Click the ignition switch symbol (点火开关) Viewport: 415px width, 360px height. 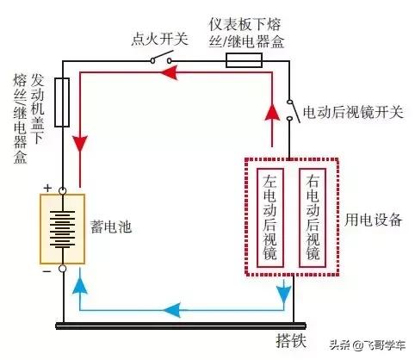pyautogui.click(x=161, y=58)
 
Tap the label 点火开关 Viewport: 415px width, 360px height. pyautogui.click(x=160, y=39)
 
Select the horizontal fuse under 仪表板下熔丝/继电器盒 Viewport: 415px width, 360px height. pyautogui.click(x=244, y=60)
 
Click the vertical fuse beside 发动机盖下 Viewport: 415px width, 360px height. pyautogui.click(x=62, y=102)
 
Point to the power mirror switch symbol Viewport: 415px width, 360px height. pyautogui.click(x=293, y=110)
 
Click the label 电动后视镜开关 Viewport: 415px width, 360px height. pyautogui.click(x=353, y=111)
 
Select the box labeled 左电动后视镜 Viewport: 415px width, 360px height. pyautogui.click(x=270, y=218)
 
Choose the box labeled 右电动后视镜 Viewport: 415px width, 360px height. pyautogui.click(x=313, y=218)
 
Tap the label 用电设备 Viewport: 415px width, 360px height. pyautogui.click(x=374, y=220)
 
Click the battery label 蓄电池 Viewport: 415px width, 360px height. pyautogui.click(x=111, y=227)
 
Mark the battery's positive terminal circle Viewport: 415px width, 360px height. pyautogui.click(x=62, y=190)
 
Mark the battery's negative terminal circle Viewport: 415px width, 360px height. pyautogui.click(x=62, y=269)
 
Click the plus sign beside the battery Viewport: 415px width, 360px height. pyautogui.click(x=47, y=189)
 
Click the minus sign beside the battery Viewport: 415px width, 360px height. pyautogui.click(x=46, y=271)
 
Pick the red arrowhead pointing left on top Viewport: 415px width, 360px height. pyautogui.click(x=170, y=72)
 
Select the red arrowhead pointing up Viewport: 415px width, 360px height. pyautogui.click(x=271, y=112)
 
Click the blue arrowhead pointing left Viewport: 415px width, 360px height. pyautogui.click(x=172, y=310)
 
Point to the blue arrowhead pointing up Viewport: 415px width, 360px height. pyautogui.click(x=80, y=285)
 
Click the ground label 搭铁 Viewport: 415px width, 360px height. pyautogui.click(x=291, y=341)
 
